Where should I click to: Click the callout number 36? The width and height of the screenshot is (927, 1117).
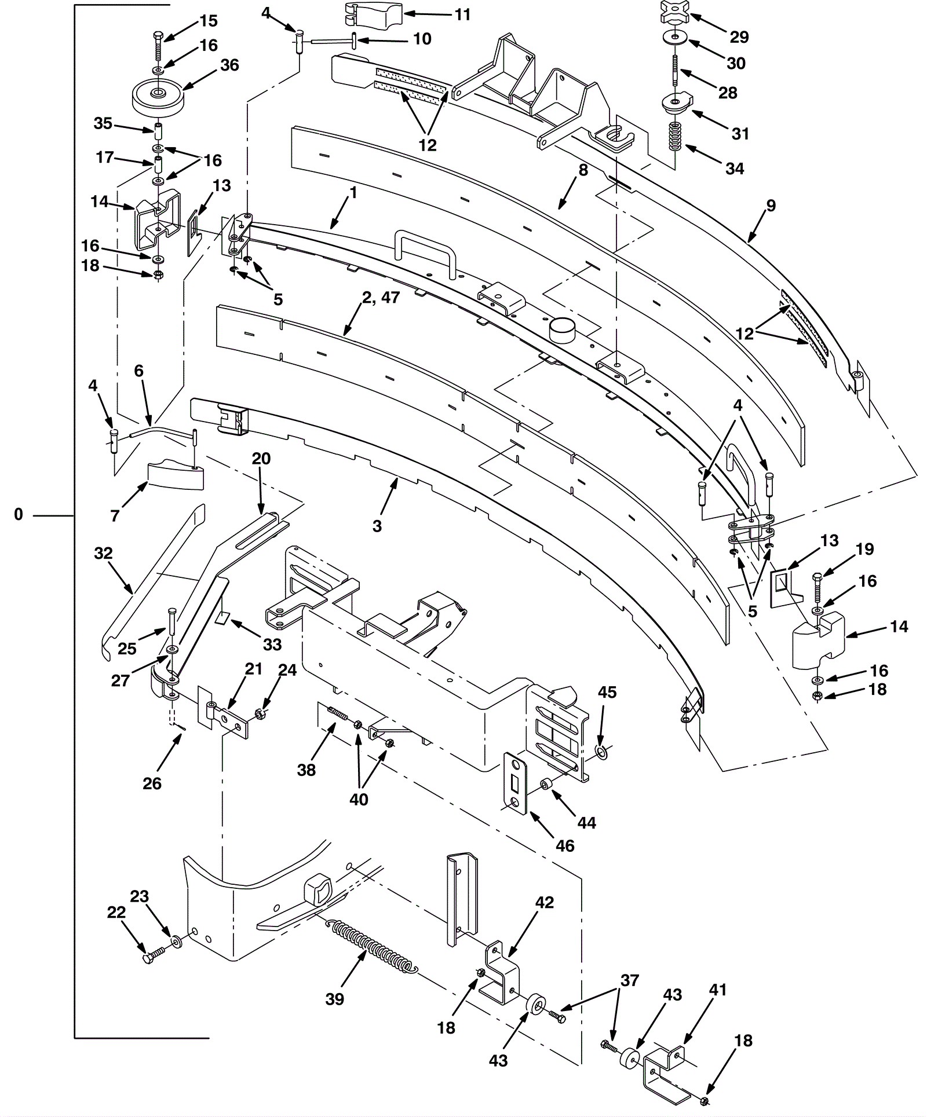(229, 65)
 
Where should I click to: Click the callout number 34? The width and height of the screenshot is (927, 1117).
(735, 169)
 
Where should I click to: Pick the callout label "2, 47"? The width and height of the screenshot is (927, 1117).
(381, 298)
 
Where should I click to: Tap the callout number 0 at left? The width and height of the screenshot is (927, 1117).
(19, 514)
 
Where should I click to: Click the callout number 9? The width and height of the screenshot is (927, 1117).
(771, 206)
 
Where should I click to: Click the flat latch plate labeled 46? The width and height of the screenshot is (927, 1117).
(515, 783)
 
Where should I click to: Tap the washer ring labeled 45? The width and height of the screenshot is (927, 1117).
(602, 753)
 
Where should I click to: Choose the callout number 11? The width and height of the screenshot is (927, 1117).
(462, 14)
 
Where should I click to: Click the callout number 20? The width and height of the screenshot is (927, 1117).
(261, 459)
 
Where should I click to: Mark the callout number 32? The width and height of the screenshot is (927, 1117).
(103, 554)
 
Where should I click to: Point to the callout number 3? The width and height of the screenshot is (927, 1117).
(377, 526)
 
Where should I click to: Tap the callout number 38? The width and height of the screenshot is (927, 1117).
(306, 770)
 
